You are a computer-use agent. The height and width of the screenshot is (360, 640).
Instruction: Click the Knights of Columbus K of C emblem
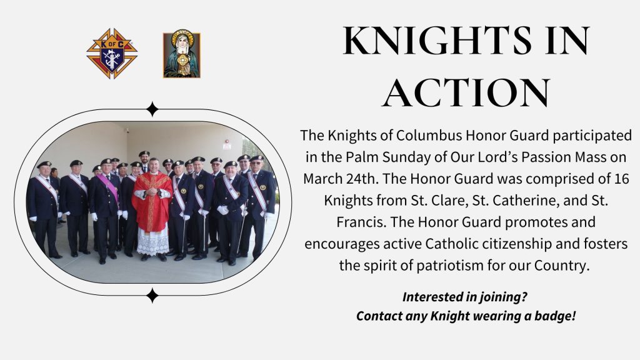coord(112,54)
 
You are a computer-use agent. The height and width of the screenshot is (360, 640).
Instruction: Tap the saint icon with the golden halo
coord(182,54)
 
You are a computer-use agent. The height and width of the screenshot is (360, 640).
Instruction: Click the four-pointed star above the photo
coord(152,109)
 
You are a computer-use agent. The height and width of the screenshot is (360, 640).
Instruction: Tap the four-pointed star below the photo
coord(152,296)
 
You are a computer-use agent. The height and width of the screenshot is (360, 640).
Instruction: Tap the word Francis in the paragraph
coord(361,222)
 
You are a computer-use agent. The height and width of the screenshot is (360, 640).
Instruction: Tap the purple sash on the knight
coord(107,187)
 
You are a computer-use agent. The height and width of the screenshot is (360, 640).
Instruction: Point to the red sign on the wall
coord(227,144)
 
